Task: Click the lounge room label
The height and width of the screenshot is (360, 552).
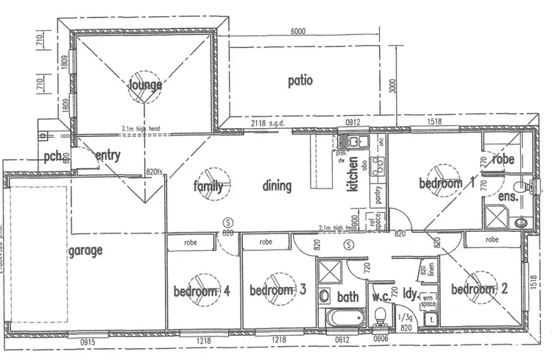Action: (146, 85)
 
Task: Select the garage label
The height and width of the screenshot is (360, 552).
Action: (85, 250)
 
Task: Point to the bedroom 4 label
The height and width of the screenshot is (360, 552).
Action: (202, 292)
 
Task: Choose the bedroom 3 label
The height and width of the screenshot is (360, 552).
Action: (277, 290)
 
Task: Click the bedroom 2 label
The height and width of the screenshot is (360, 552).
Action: (479, 289)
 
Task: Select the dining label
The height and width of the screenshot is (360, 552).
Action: (277, 186)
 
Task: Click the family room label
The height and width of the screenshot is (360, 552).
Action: (208, 186)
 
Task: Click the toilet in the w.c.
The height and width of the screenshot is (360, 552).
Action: (381, 317)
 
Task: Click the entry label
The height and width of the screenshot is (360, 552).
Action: (107, 155)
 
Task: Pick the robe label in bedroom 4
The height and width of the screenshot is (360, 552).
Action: (191, 241)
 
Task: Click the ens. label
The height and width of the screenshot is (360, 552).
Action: (508, 197)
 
